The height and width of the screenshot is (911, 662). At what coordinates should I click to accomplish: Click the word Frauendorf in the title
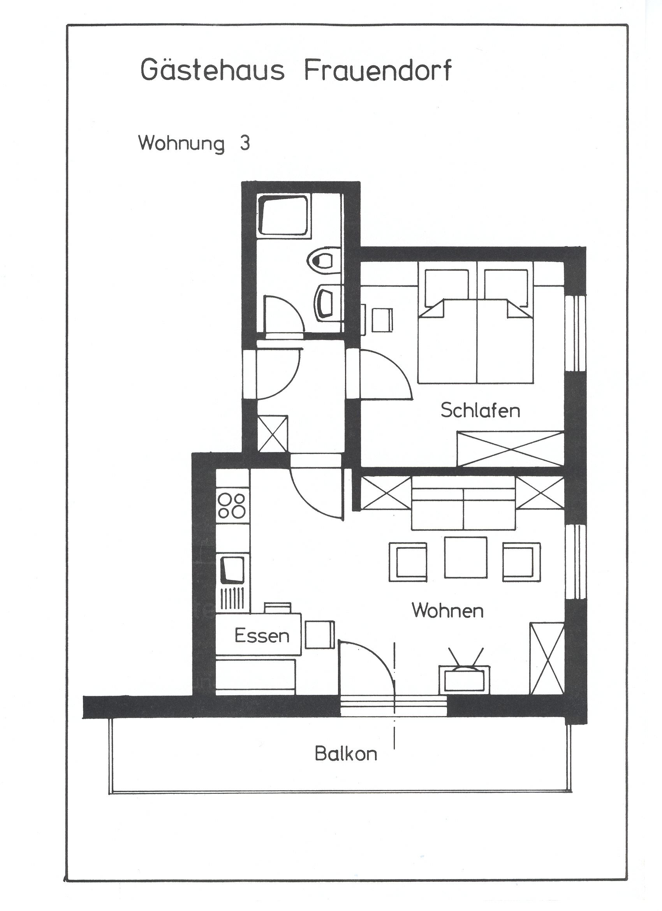click(x=378, y=70)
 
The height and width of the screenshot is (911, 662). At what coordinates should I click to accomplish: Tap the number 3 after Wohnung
click(x=245, y=143)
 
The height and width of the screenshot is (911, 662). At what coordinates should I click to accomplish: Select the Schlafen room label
click(x=480, y=410)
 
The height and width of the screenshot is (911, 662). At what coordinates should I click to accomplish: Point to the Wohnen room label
click(x=447, y=611)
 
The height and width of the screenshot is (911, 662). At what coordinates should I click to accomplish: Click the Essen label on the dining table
click(x=262, y=636)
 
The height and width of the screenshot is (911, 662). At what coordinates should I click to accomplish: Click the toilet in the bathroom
click(x=324, y=260)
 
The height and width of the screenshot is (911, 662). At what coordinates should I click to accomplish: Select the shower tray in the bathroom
click(x=283, y=216)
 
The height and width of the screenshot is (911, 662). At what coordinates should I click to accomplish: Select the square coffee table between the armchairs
click(x=466, y=558)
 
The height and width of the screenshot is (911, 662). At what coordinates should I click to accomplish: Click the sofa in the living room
click(x=463, y=503)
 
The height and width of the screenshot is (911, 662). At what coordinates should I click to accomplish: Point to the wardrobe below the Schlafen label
click(x=510, y=448)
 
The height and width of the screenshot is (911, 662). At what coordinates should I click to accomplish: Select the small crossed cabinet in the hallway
click(x=272, y=434)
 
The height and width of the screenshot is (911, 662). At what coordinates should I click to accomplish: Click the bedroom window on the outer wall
click(x=575, y=333)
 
